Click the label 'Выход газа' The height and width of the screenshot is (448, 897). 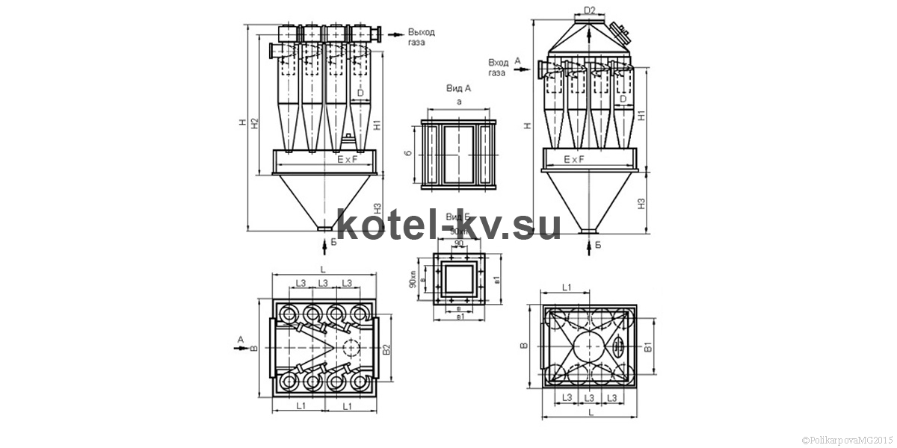pos(420,37)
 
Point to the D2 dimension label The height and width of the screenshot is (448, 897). pos(590,10)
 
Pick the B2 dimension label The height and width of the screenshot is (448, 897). pos(386,349)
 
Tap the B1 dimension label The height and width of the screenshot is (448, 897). pos(649,346)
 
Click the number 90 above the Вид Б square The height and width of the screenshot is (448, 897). pos(458,243)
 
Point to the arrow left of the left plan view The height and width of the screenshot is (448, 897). pos(241,348)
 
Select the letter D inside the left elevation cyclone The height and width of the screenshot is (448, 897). pos(360,93)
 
